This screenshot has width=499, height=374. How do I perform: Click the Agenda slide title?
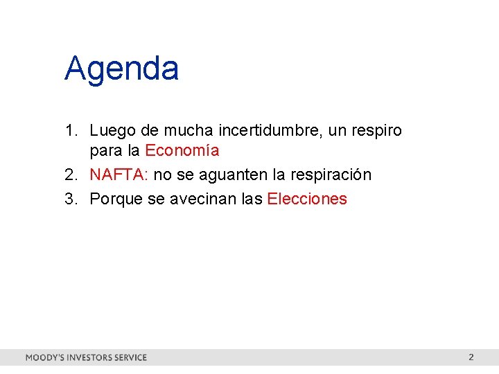coord(122,69)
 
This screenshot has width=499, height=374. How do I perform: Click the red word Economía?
coord(182,150)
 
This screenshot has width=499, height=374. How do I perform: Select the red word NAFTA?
coord(117,175)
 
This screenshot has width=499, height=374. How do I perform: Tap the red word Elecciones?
coord(307,199)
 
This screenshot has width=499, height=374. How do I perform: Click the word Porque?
coord(117,199)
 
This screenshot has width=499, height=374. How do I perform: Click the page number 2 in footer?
coord(471,357)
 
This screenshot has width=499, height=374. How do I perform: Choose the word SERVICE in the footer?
coord(131,358)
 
